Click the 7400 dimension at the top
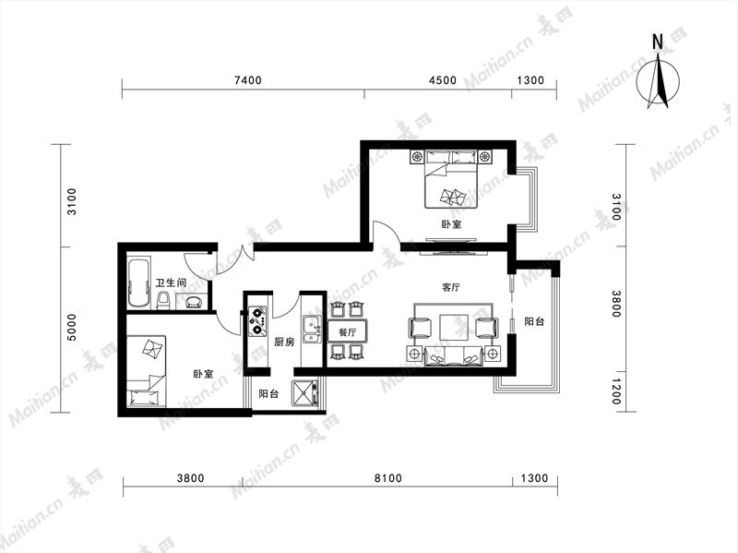pyautogui.click(x=247, y=80)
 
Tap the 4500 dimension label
pyautogui.click(x=443, y=80)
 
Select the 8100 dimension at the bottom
pyautogui.click(x=388, y=478)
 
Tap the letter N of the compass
pyautogui.click(x=658, y=42)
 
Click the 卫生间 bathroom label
pyautogui.click(x=171, y=283)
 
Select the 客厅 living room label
pyautogui.click(x=451, y=287)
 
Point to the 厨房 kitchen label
pyautogui.click(x=284, y=342)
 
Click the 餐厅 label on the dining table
pyautogui.click(x=348, y=332)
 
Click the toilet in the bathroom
pyautogui.click(x=163, y=300)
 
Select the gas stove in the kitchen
pyautogui.click(x=257, y=320)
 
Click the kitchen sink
pyautogui.click(x=312, y=329)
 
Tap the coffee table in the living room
pyautogui.click(x=454, y=327)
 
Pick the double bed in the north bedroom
pyautogui.click(x=452, y=179)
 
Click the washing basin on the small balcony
pyautogui.click(x=305, y=393)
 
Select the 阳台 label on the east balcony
pyautogui.click(x=535, y=321)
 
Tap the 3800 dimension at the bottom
pyautogui.click(x=191, y=478)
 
